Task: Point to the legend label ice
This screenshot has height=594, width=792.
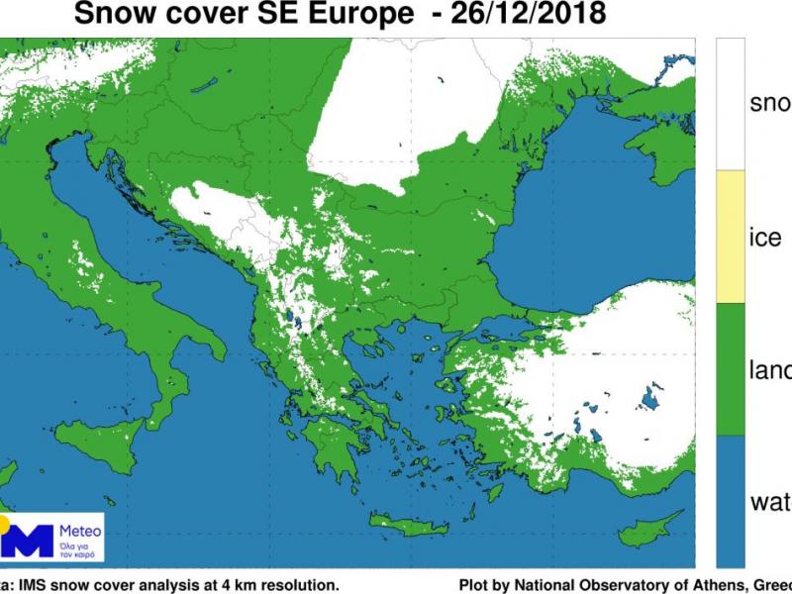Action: (765, 238)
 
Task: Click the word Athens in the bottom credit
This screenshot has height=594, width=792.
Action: (716, 584)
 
